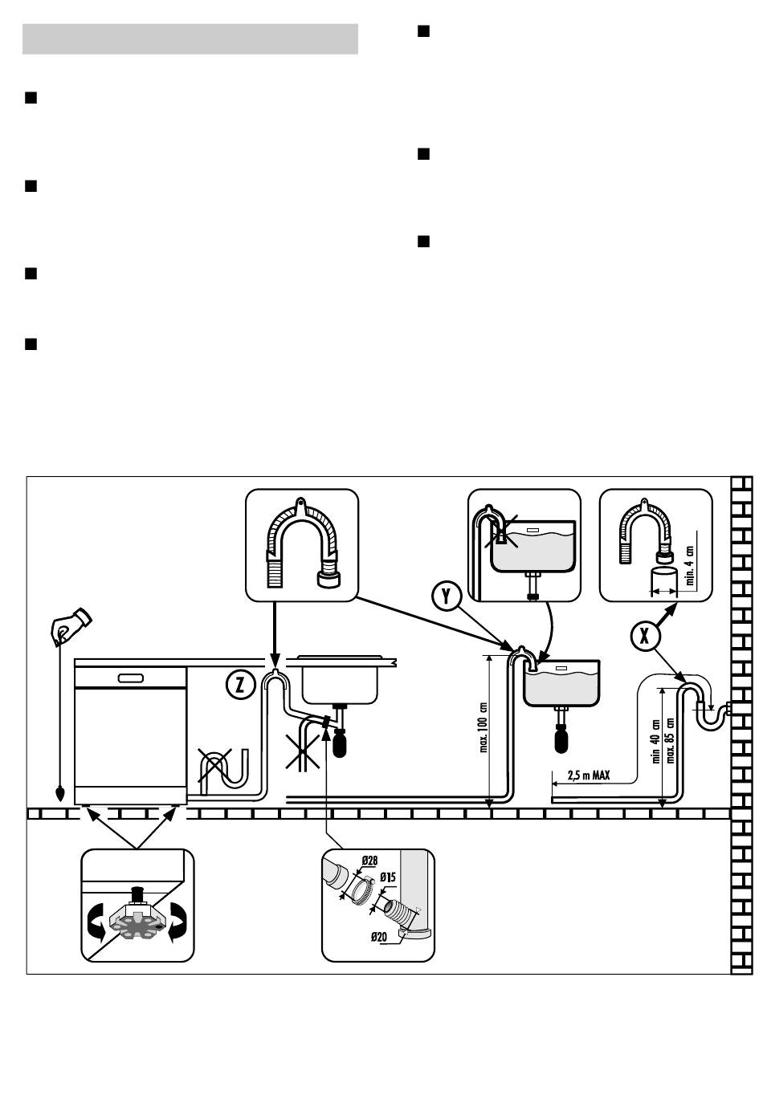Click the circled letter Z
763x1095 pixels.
point(240,684)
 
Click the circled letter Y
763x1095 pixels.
point(445,596)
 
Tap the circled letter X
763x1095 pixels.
point(644,636)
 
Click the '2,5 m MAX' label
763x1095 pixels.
point(589,776)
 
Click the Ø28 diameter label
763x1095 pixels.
point(369,861)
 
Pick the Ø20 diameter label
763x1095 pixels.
point(379,937)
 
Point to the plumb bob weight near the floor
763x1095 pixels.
point(60,794)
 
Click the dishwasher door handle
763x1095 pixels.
point(131,678)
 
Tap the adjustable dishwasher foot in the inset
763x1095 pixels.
point(138,914)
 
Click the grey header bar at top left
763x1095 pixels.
point(190,39)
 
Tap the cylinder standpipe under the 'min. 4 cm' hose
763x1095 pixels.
point(663,580)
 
